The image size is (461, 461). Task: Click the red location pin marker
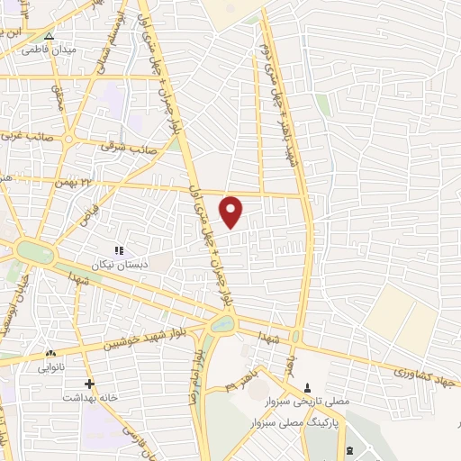(232, 212)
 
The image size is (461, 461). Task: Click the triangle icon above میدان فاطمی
(50, 37)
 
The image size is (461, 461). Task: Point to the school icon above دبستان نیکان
(117, 250)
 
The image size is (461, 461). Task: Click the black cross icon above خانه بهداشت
(88, 384)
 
